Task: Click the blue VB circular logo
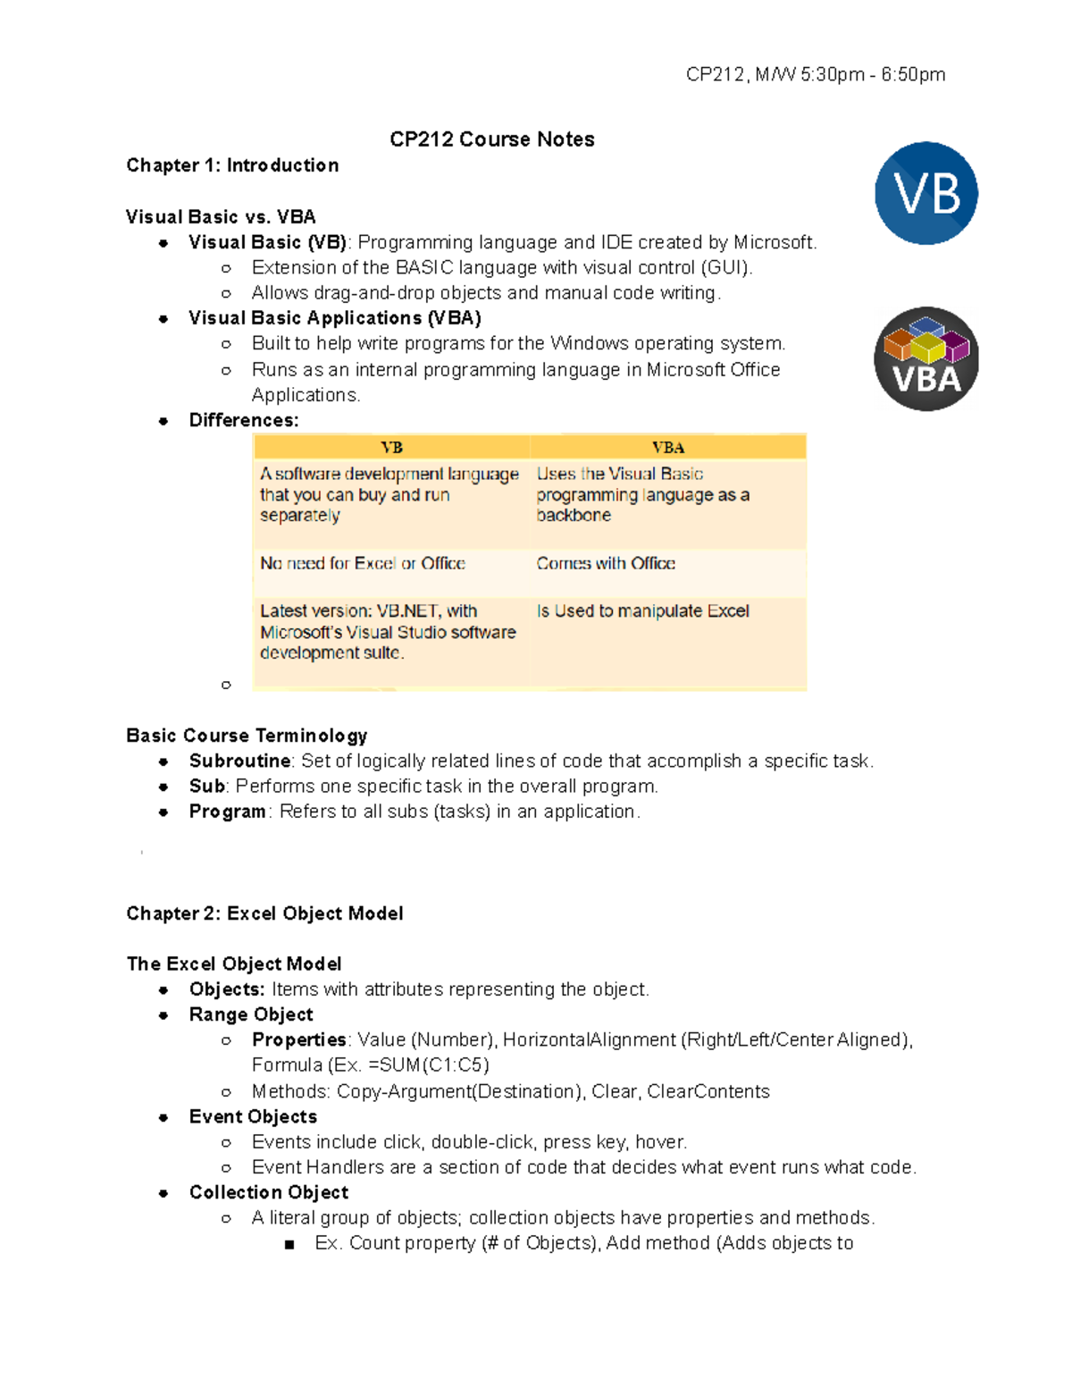[x=925, y=193]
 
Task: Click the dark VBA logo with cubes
[x=925, y=359]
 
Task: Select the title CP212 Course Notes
[x=491, y=139]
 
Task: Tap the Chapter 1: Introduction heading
[x=232, y=165]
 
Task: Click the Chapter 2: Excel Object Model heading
[x=264, y=913]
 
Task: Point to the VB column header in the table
[x=391, y=448]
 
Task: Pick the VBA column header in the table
[x=667, y=448]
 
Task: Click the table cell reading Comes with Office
[x=606, y=564]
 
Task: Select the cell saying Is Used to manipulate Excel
[x=642, y=611]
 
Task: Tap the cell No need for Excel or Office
[x=362, y=564]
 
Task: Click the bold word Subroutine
[x=239, y=761]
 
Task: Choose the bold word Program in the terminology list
[x=227, y=812]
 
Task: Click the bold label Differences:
[x=243, y=421]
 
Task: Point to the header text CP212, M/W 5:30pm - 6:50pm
[x=815, y=75]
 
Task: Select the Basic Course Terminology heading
[x=247, y=736]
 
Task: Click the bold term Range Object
[x=251, y=1014]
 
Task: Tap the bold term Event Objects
[x=253, y=1116]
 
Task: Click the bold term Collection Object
[x=268, y=1192]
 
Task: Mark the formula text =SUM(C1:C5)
[x=428, y=1065]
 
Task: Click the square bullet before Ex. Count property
[x=289, y=1244]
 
